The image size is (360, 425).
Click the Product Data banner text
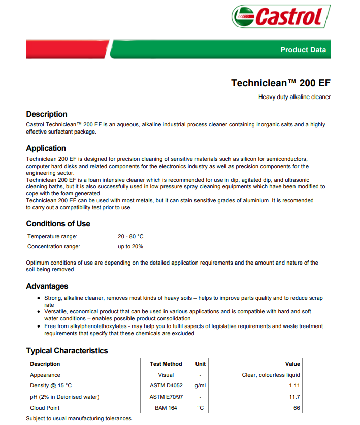click(x=303, y=50)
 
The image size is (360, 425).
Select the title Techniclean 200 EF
click(x=280, y=83)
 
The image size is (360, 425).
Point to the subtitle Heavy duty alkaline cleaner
click(x=294, y=97)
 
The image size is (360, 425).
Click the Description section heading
click(x=47, y=114)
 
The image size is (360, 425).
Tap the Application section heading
click(x=46, y=148)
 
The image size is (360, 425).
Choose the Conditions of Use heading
click(x=58, y=224)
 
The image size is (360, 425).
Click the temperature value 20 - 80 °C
click(x=130, y=237)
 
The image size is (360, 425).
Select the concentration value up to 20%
click(x=130, y=247)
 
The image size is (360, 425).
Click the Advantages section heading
click(x=47, y=286)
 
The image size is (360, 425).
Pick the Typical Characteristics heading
click(x=67, y=351)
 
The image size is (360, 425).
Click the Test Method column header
click(x=166, y=364)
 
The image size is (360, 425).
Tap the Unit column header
click(x=200, y=364)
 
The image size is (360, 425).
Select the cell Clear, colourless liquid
click(x=271, y=375)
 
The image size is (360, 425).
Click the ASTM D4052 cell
click(x=166, y=386)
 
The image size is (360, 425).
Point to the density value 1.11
click(x=294, y=386)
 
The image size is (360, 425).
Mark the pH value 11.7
click(x=294, y=397)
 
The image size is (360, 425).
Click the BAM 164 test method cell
click(x=166, y=408)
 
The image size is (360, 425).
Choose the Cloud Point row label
click(x=45, y=408)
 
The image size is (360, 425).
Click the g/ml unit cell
click(x=200, y=386)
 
